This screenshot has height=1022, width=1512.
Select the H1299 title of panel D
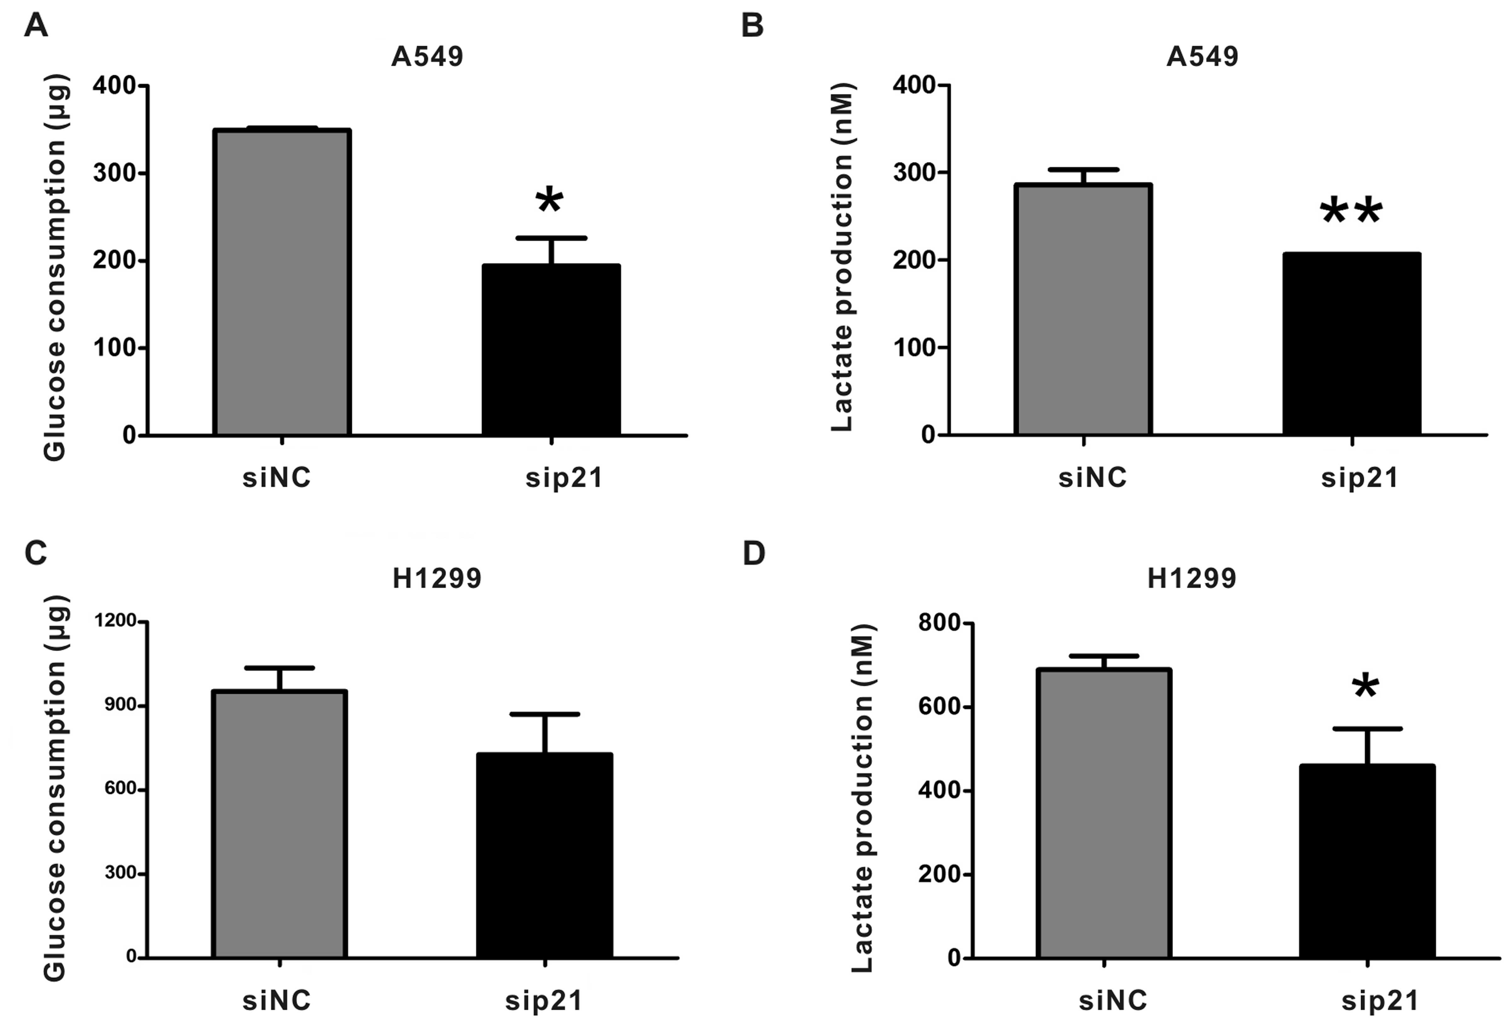(x=1191, y=578)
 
